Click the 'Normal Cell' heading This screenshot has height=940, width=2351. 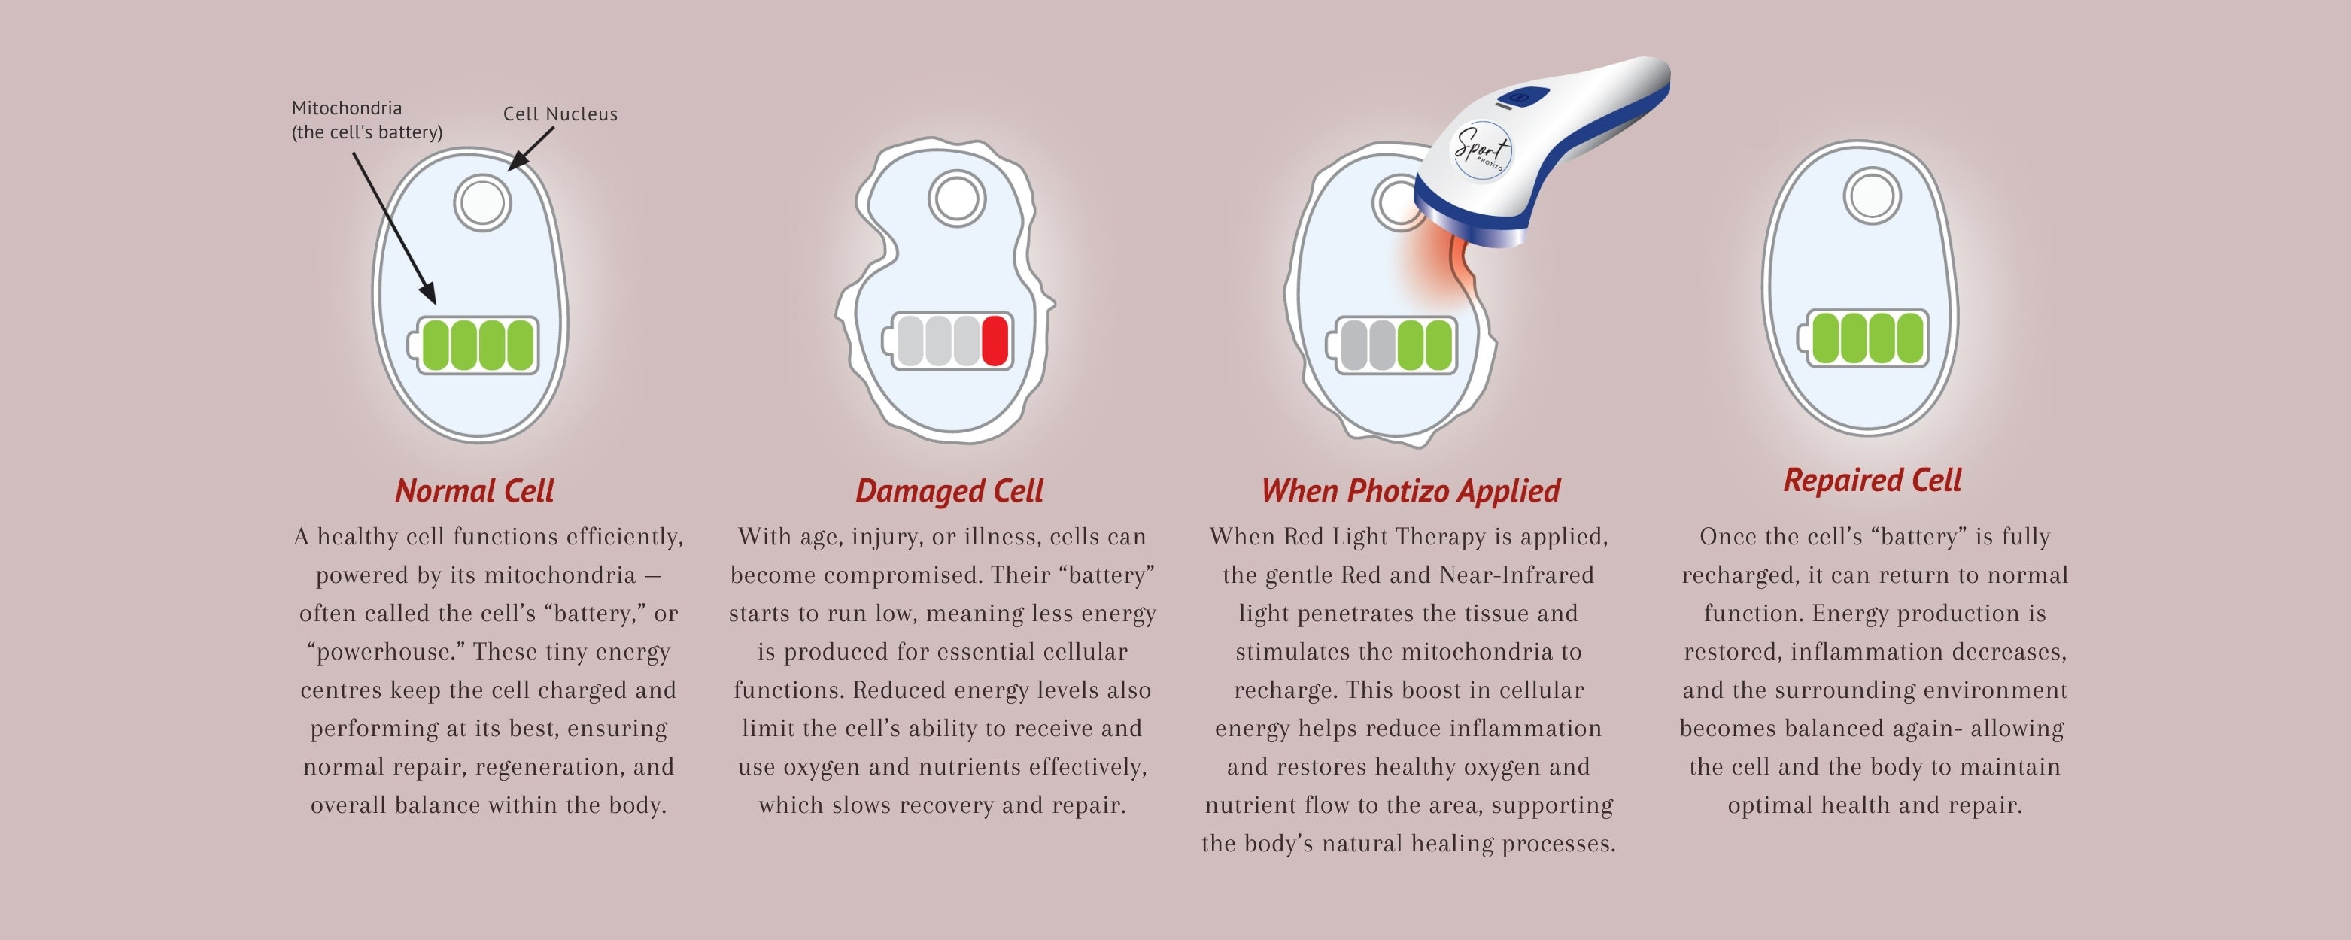coord(474,491)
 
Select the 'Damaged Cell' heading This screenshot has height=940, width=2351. coord(949,491)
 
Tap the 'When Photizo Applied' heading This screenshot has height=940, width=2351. coord(1410,491)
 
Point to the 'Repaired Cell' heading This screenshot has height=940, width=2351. coord(1872,480)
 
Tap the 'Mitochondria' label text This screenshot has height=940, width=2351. coord(347,108)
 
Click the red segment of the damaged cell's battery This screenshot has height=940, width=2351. coord(995,341)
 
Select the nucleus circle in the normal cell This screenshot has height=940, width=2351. coord(483,202)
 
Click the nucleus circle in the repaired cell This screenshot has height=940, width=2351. coord(1872,196)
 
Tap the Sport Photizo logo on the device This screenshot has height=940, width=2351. coord(1481,150)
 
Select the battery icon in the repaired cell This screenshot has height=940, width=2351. coord(1863,338)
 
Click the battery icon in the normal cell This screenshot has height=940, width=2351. coord(472,345)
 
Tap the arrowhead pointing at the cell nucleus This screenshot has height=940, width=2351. coord(518,161)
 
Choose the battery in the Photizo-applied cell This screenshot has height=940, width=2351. coord(1392,345)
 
